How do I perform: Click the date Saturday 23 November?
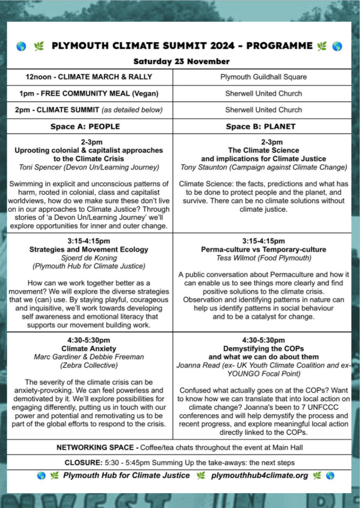[181, 62]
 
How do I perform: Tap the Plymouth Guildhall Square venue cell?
[263, 77]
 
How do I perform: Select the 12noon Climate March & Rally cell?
[89, 77]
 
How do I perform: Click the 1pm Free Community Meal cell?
[89, 93]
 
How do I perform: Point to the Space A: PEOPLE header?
[85, 127]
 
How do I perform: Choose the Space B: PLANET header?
[261, 127]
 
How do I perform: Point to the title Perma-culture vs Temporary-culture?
[264, 250]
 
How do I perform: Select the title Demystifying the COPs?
[264, 348]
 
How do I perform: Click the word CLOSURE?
[82, 462]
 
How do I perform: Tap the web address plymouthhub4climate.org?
[259, 475]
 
